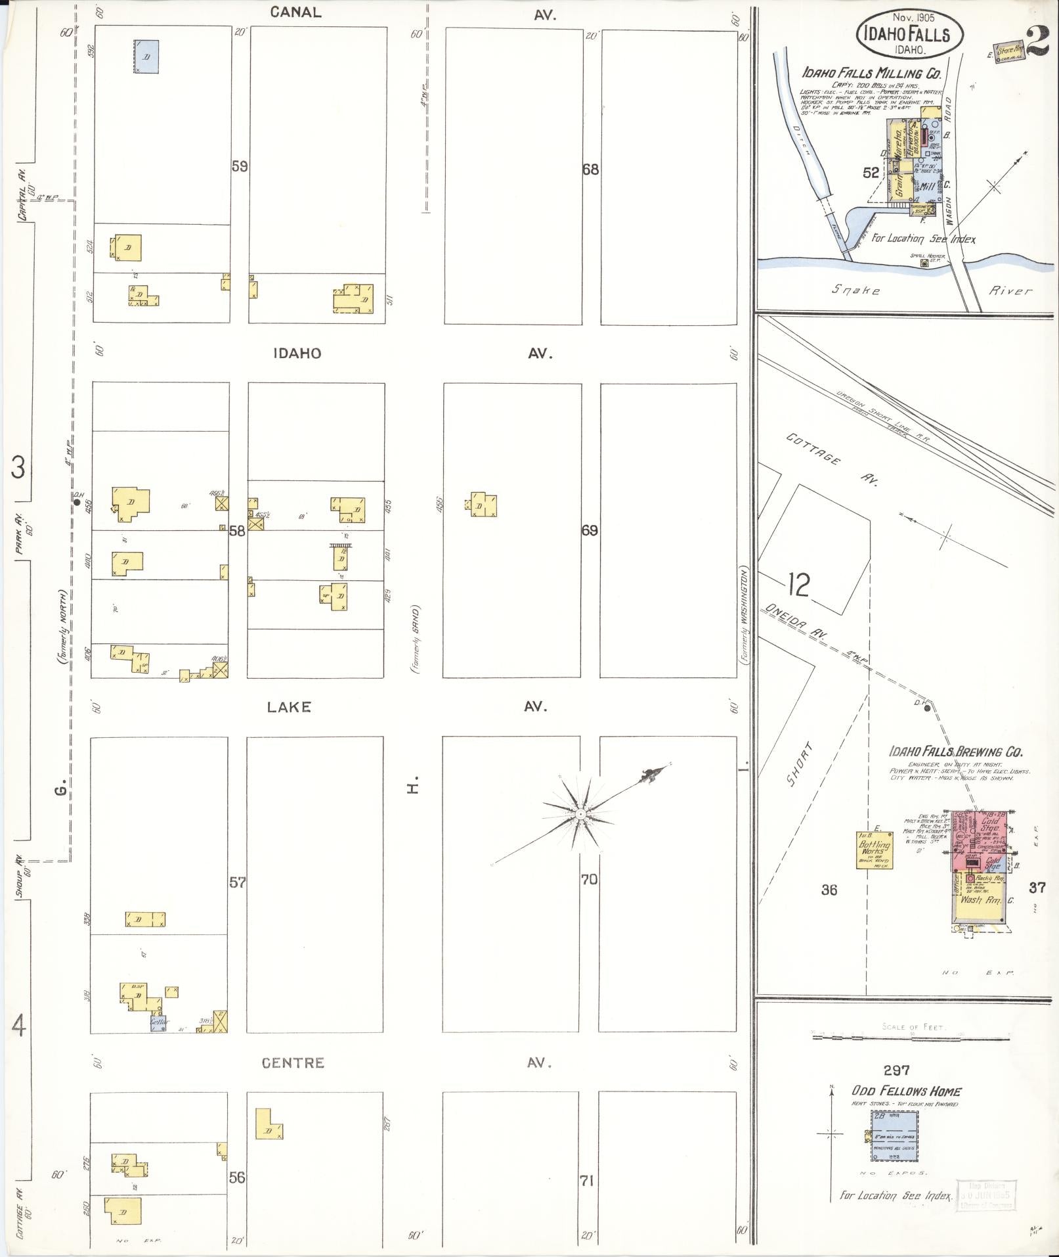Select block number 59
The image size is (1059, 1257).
point(240,166)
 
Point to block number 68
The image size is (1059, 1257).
point(590,170)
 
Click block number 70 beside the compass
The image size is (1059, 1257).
point(589,879)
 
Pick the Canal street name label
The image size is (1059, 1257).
point(295,12)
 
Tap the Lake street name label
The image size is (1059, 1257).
point(289,707)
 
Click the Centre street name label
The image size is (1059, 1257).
point(292,1063)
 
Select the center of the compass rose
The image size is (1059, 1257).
point(580,813)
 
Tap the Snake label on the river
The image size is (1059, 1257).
point(855,290)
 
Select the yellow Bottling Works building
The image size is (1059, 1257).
point(875,852)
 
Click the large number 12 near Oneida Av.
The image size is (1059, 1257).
point(798,585)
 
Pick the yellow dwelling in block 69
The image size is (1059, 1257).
point(483,505)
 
